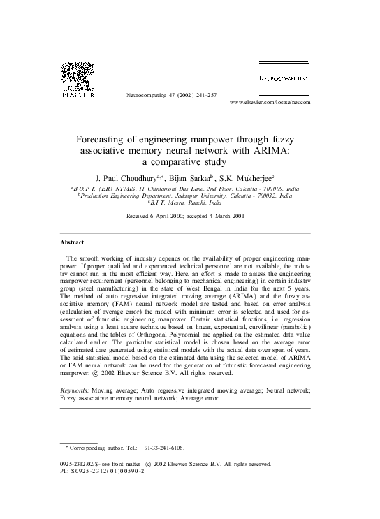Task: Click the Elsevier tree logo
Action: click(77, 76)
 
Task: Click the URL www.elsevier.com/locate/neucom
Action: click(270, 102)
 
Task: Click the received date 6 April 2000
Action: click(168, 217)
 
